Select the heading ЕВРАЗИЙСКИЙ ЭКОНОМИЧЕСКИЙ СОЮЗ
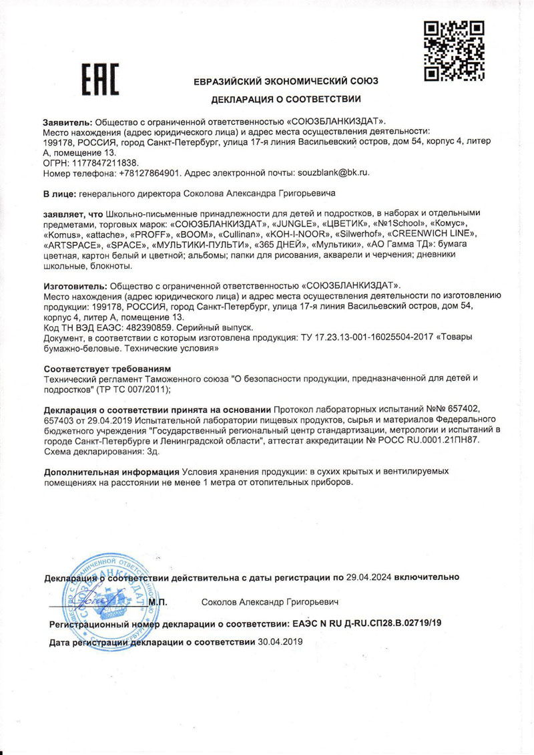tap(286, 81)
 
